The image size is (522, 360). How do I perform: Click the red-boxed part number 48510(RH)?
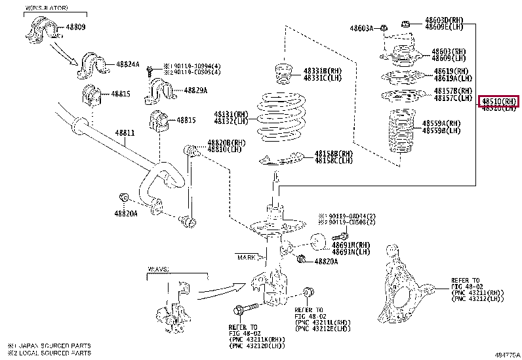[499, 101]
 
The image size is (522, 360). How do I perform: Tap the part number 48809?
[75, 28]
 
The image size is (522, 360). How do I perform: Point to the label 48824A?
[128, 64]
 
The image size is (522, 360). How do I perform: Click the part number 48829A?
[195, 90]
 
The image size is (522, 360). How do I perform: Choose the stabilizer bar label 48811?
[125, 133]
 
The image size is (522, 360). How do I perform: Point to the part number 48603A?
[361, 28]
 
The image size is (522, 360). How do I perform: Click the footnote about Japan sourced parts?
[49, 346]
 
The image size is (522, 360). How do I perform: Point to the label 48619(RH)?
[451, 71]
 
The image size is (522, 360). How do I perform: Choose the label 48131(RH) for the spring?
[230, 113]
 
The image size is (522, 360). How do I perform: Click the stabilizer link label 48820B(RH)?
[226, 142]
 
